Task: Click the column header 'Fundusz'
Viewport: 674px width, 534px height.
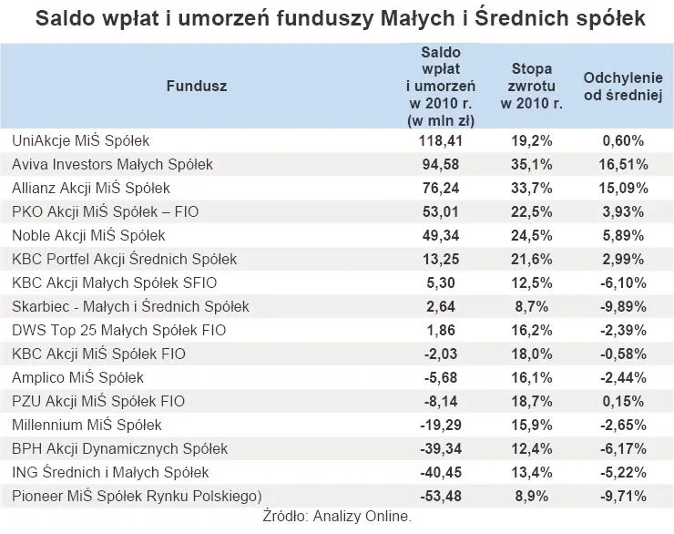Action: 196,86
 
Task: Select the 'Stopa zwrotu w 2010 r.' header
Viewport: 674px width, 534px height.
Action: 531,86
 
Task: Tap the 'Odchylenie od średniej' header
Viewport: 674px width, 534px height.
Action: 623,86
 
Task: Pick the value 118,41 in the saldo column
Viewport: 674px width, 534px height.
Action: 442,141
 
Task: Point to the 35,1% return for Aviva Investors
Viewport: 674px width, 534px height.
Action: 531,165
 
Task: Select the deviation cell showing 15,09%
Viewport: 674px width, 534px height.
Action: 624,189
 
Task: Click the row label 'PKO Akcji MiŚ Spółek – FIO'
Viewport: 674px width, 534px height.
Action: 105,212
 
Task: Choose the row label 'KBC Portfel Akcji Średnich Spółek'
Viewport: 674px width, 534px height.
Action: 124,260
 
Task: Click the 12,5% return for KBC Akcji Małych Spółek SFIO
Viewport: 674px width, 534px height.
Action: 531,283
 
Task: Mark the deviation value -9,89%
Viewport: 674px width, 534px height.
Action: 624,307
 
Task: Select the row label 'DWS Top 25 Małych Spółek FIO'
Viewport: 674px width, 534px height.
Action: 118,331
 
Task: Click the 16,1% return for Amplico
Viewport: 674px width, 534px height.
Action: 531,378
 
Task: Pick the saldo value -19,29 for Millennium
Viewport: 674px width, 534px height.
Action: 442,425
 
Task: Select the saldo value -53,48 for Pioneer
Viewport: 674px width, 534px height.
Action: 442,496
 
